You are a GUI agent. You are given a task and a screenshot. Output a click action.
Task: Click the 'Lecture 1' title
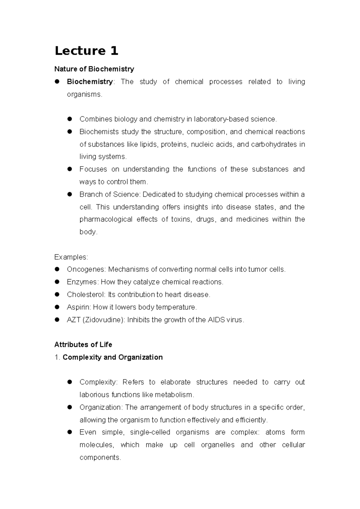86,51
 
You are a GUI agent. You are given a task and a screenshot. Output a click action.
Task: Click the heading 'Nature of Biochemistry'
94,69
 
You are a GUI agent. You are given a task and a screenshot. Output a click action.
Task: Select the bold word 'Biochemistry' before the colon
90,82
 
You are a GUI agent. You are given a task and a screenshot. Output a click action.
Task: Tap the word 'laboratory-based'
221,119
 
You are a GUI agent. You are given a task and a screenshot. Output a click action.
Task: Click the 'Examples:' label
71,257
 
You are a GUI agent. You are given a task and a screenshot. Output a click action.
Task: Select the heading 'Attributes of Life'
83,345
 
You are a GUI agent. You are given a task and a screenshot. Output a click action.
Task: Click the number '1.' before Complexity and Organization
57,357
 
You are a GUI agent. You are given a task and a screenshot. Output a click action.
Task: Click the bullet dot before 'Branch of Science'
70,194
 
